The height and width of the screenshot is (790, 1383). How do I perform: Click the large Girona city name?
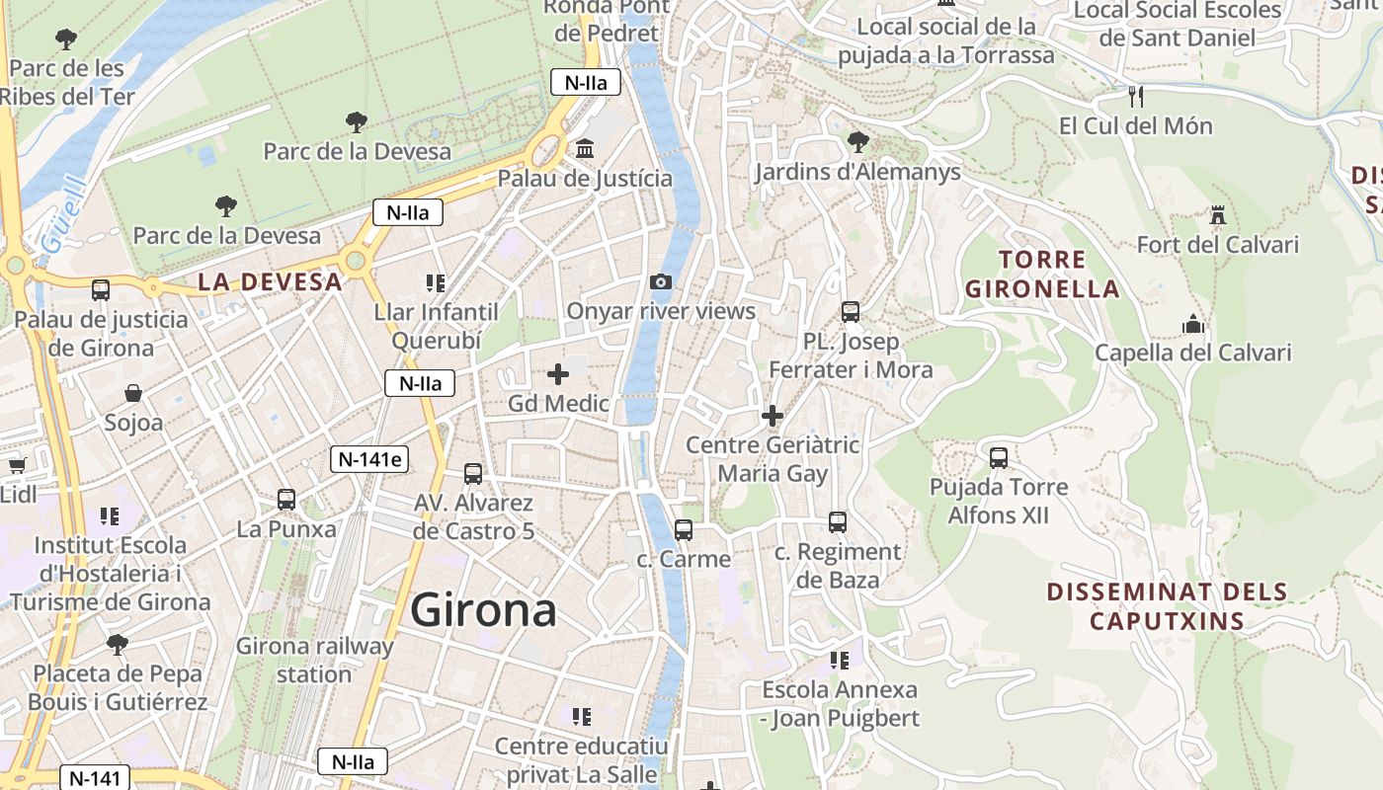[483, 610]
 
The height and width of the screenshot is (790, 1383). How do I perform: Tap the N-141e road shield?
[369, 458]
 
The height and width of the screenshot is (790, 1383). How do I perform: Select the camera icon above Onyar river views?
[661, 282]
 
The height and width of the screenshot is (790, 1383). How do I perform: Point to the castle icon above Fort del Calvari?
[1217, 214]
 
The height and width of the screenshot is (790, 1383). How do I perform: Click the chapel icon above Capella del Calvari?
[1193, 324]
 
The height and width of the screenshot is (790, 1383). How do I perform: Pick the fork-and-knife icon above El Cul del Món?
[1136, 96]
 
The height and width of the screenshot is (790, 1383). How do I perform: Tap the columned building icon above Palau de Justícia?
[585, 149]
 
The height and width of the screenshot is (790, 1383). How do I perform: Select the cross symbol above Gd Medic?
[558, 374]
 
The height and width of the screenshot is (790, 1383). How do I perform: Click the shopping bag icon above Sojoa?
[133, 393]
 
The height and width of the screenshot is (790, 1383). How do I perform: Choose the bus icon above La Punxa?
[286, 500]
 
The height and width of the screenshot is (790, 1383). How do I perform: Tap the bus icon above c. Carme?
[684, 530]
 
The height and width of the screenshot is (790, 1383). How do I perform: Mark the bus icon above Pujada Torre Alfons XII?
[999, 458]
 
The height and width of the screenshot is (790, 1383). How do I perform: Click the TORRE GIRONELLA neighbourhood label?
[1042, 275]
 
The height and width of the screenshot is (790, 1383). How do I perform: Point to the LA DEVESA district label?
[270, 281]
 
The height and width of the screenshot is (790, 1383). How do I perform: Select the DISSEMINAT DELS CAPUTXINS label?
[1167, 606]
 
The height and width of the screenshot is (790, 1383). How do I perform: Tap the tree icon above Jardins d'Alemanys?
[857, 142]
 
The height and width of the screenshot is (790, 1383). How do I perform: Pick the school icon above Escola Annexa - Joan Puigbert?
[840, 660]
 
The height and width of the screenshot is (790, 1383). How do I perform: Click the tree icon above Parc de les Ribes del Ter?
[66, 39]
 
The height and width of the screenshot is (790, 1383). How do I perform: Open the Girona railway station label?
[314, 661]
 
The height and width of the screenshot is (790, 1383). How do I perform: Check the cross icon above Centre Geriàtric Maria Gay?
[773, 416]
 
